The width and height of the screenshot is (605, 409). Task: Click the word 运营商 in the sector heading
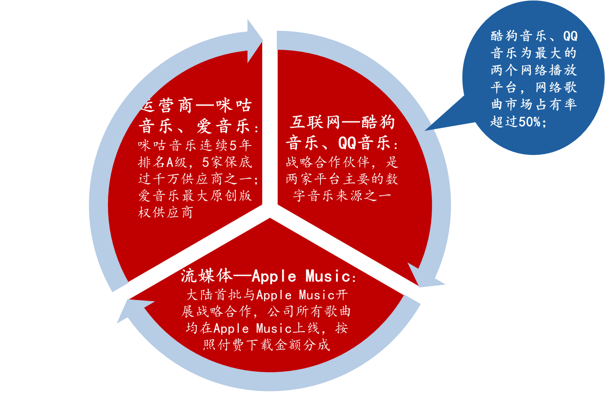point(170,105)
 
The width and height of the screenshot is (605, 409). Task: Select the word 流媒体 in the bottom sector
point(207,276)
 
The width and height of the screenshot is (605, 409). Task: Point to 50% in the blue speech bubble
point(530,122)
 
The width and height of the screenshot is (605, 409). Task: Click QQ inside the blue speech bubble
point(570,36)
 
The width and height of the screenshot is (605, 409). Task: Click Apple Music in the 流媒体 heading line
point(301,276)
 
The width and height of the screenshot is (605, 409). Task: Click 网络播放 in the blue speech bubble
point(548,70)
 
